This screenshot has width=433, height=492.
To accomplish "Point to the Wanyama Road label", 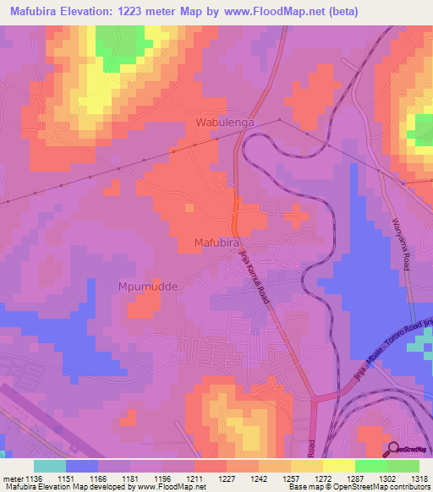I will click(x=401, y=244).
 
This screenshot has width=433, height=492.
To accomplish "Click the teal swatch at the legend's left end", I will click(x=50, y=466).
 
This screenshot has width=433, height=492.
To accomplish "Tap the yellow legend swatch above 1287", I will click(x=338, y=466).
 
